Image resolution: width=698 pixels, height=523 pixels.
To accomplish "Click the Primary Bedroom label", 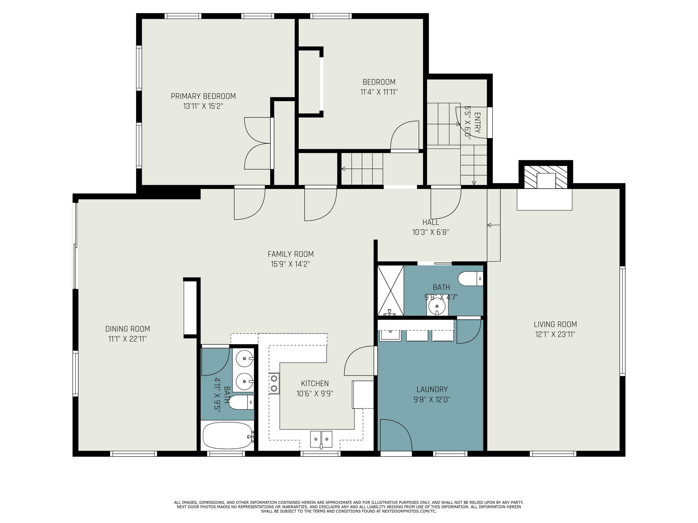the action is click(203, 96).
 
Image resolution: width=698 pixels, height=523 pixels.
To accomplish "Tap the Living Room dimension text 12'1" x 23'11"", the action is click(555, 334).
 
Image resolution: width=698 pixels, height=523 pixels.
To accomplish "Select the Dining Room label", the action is click(128, 329).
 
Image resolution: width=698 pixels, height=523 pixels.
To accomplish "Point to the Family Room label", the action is click(291, 254).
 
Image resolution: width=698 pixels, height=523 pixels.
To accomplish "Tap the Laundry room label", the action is click(432, 389).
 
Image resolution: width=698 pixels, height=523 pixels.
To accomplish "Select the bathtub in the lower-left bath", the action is click(228, 435).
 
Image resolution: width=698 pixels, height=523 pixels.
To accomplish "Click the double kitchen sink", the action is click(321, 439).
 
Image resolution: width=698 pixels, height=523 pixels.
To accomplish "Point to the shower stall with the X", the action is click(391, 291).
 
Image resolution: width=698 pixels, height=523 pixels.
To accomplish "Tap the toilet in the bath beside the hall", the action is click(470, 279).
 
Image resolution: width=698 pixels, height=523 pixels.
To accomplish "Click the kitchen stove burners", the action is click(274, 383).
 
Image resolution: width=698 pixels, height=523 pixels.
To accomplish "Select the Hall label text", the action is click(431, 222).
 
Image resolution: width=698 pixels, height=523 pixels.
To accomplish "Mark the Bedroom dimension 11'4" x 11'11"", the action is click(379, 92).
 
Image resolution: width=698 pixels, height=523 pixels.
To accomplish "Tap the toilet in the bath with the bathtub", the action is click(241, 402).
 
